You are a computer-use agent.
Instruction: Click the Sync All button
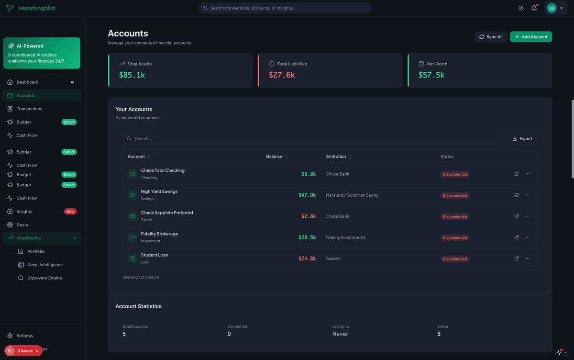point(491,37)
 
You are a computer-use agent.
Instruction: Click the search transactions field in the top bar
point(285,8)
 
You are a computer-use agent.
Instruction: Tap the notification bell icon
point(534,8)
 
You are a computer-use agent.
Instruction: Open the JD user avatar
point(552,8)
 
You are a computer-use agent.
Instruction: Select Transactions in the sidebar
point(29,109)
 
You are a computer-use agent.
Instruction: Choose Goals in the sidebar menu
point(22,225)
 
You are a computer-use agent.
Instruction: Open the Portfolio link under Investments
point(36,251)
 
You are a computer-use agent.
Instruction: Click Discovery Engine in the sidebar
point(44,278)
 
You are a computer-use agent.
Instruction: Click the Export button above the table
point(522,139)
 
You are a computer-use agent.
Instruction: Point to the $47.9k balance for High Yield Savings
point(307,195)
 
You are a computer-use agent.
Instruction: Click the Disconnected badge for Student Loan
point(455,259)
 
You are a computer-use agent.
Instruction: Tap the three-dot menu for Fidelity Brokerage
point(528,237)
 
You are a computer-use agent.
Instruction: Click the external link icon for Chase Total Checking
point(517,174)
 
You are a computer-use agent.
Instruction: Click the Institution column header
point(339,157)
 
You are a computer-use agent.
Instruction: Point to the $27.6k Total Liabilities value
point(282,75)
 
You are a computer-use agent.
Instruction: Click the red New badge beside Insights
point(70,212)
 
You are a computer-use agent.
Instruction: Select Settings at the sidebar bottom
point(25,336)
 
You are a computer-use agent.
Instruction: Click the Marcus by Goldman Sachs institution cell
point(352,195)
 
